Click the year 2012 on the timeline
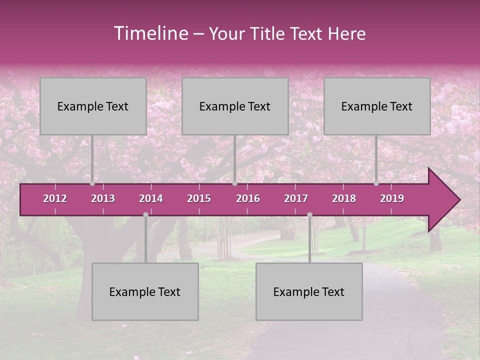[55, 198]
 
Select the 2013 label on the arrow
[103, 198]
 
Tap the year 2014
[151, 198]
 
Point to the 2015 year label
[199, 198]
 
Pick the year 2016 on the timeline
[248, 198]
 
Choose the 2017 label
[296, 198]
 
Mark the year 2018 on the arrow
[344, 198]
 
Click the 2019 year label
[392, 198]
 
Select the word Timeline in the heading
[150, 33]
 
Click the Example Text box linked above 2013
[93, 106]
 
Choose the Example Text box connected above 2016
[235, 106]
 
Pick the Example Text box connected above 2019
[377, 106]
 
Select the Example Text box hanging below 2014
[145, 291]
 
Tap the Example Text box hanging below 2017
[309, 291]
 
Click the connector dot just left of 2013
[92, 183]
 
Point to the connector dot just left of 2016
[234, 183]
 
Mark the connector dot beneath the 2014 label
[145, 214]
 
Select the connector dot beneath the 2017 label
[309, 214]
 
